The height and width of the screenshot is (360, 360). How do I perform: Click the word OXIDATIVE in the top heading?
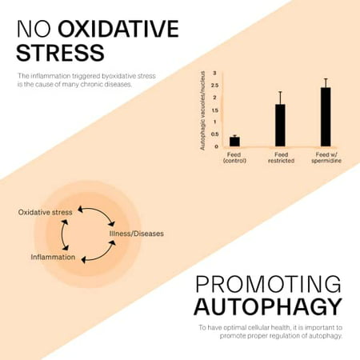pos(118,29)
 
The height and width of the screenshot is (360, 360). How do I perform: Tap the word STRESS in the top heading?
pos(60,53)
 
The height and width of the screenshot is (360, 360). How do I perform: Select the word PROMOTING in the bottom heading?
pos(268,284)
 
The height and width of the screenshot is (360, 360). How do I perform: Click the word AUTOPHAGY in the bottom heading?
pos(268,307)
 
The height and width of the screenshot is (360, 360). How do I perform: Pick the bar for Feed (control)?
pos(234,142)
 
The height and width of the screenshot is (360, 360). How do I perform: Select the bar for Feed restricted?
pos(280,125)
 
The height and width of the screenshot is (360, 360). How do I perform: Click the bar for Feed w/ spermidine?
pos(326,117)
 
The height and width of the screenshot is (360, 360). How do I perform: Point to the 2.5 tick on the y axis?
pos(215,86)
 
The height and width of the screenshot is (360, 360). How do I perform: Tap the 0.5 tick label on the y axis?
pos(215,134)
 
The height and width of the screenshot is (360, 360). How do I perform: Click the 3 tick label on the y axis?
pos(215,73)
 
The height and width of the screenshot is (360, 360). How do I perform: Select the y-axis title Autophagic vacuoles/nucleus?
pos(202,110)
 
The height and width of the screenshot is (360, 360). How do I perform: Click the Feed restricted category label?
pos(281,158)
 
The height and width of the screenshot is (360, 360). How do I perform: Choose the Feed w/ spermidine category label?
pos(326,158)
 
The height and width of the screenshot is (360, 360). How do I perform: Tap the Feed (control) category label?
pos(234,158)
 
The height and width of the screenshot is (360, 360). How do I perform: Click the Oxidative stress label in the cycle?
pos(45,212)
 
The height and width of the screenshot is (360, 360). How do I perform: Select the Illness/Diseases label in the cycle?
pos(137,234)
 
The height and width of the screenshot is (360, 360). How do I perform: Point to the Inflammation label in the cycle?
pos(53,257)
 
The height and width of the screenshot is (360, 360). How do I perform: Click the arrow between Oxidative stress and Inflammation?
pos(62,234)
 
